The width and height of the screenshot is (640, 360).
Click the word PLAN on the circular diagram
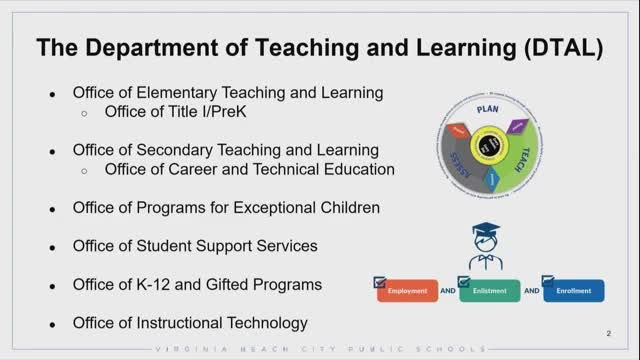pyautogui.click(x=487, y=108)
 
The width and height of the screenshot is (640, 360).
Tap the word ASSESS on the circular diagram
pyautogui.click(x=452, y=161)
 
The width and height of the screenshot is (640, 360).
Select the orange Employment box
pyautogui.click(x=407, y=292)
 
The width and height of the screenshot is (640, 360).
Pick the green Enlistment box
pyautogui.click(x=490, y=292)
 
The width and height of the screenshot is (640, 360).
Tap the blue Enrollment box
pyautogui.click(x=574, y=292)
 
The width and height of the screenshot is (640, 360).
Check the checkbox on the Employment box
pyautogui.click(x=379, y=283)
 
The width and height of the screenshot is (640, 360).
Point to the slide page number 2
pyautogui.click(x=609, y=332)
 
